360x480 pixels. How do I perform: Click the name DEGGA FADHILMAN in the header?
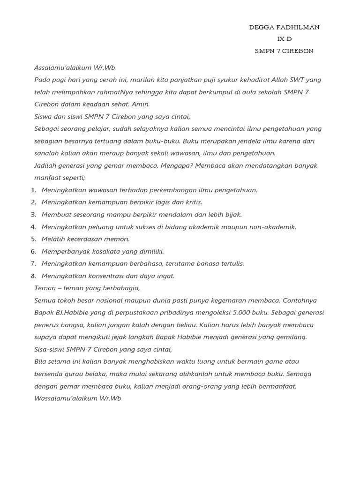point(284,27)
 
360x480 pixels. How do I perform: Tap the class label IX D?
point(285,39)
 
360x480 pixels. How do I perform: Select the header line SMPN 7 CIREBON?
point(284,51)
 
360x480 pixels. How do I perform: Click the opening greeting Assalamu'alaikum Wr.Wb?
point(75,68)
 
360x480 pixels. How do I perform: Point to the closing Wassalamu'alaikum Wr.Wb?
point(78,398)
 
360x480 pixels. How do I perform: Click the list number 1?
point(33,190)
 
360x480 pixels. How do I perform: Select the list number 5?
point(33,239)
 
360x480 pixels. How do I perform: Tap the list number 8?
point(33,276)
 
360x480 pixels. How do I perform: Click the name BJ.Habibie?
point(75,313)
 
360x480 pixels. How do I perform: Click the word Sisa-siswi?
point(49,349)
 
